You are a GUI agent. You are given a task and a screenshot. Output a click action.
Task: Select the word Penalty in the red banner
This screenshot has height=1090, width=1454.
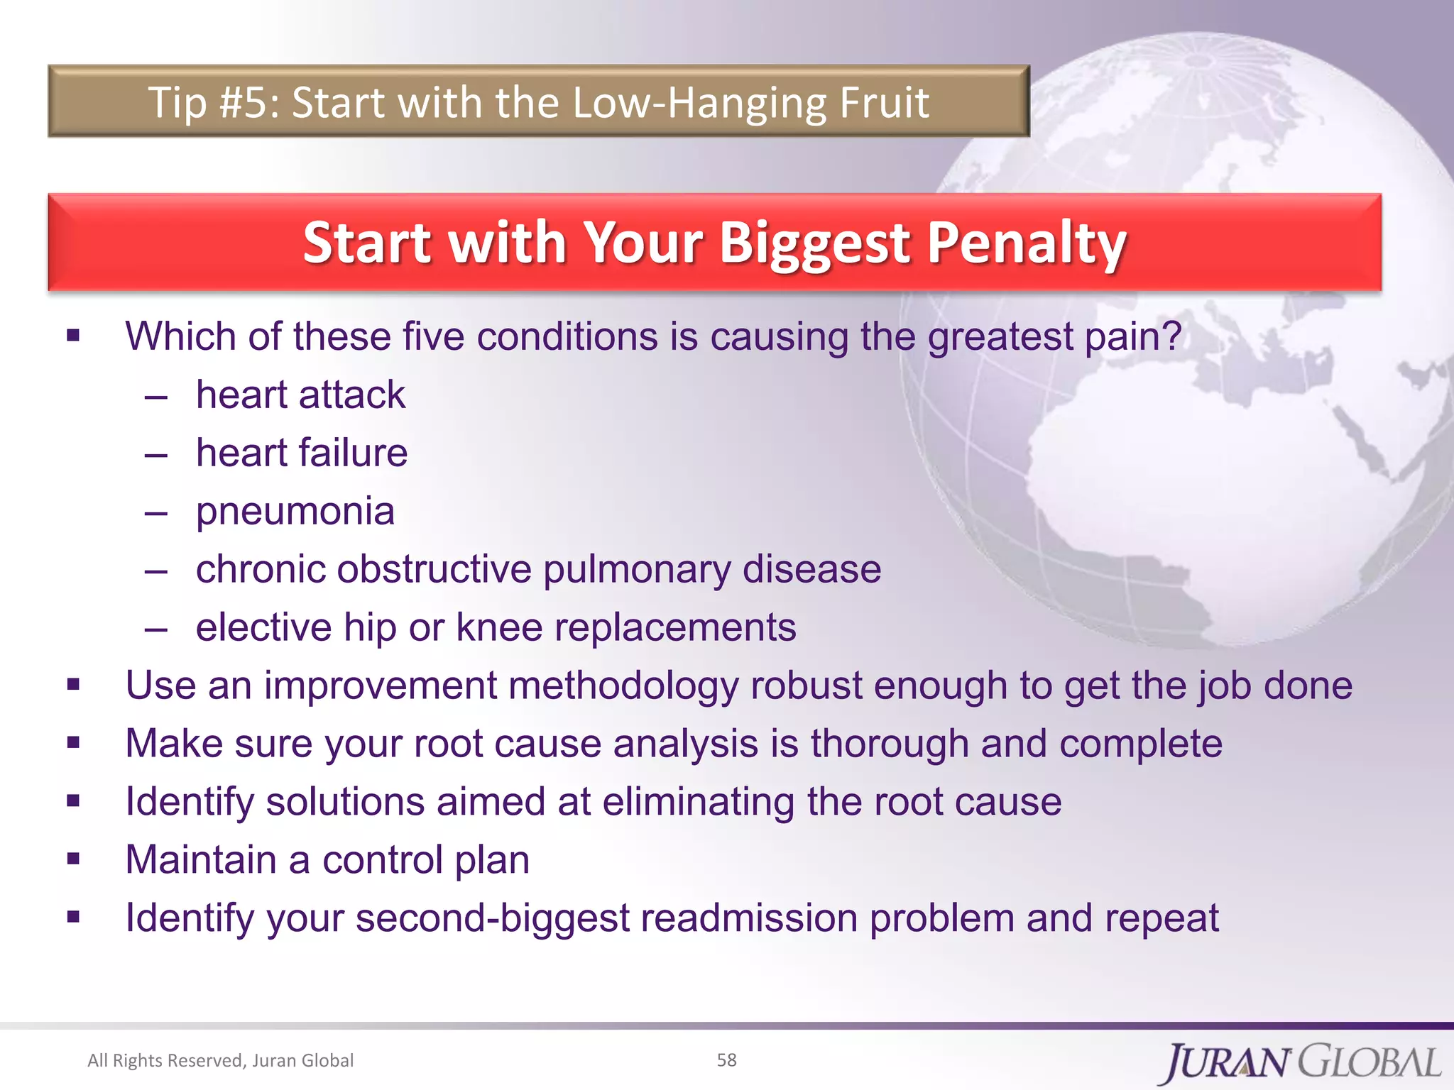coord(1027,243)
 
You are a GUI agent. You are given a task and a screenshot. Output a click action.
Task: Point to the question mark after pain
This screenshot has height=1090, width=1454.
coord(1171,336)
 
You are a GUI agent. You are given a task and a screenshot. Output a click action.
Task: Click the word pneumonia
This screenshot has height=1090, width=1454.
coord(295,511)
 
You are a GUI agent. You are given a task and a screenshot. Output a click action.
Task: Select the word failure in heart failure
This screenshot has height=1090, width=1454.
coord(353,453)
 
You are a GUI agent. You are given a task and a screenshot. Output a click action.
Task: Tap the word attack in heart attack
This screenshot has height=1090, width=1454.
coord(351,395)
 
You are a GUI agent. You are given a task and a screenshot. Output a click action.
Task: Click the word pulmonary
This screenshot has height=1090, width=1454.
coord(636,569)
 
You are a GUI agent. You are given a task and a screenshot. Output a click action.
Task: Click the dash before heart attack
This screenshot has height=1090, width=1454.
coord(155,396)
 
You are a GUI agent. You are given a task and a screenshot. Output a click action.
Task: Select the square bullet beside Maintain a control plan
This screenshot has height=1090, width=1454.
coord(73,859)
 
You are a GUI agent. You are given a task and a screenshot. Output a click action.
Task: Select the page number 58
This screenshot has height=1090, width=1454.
coord(726,1059)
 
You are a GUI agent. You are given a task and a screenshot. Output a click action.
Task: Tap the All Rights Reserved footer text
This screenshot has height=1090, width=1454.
coord(220,1060)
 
